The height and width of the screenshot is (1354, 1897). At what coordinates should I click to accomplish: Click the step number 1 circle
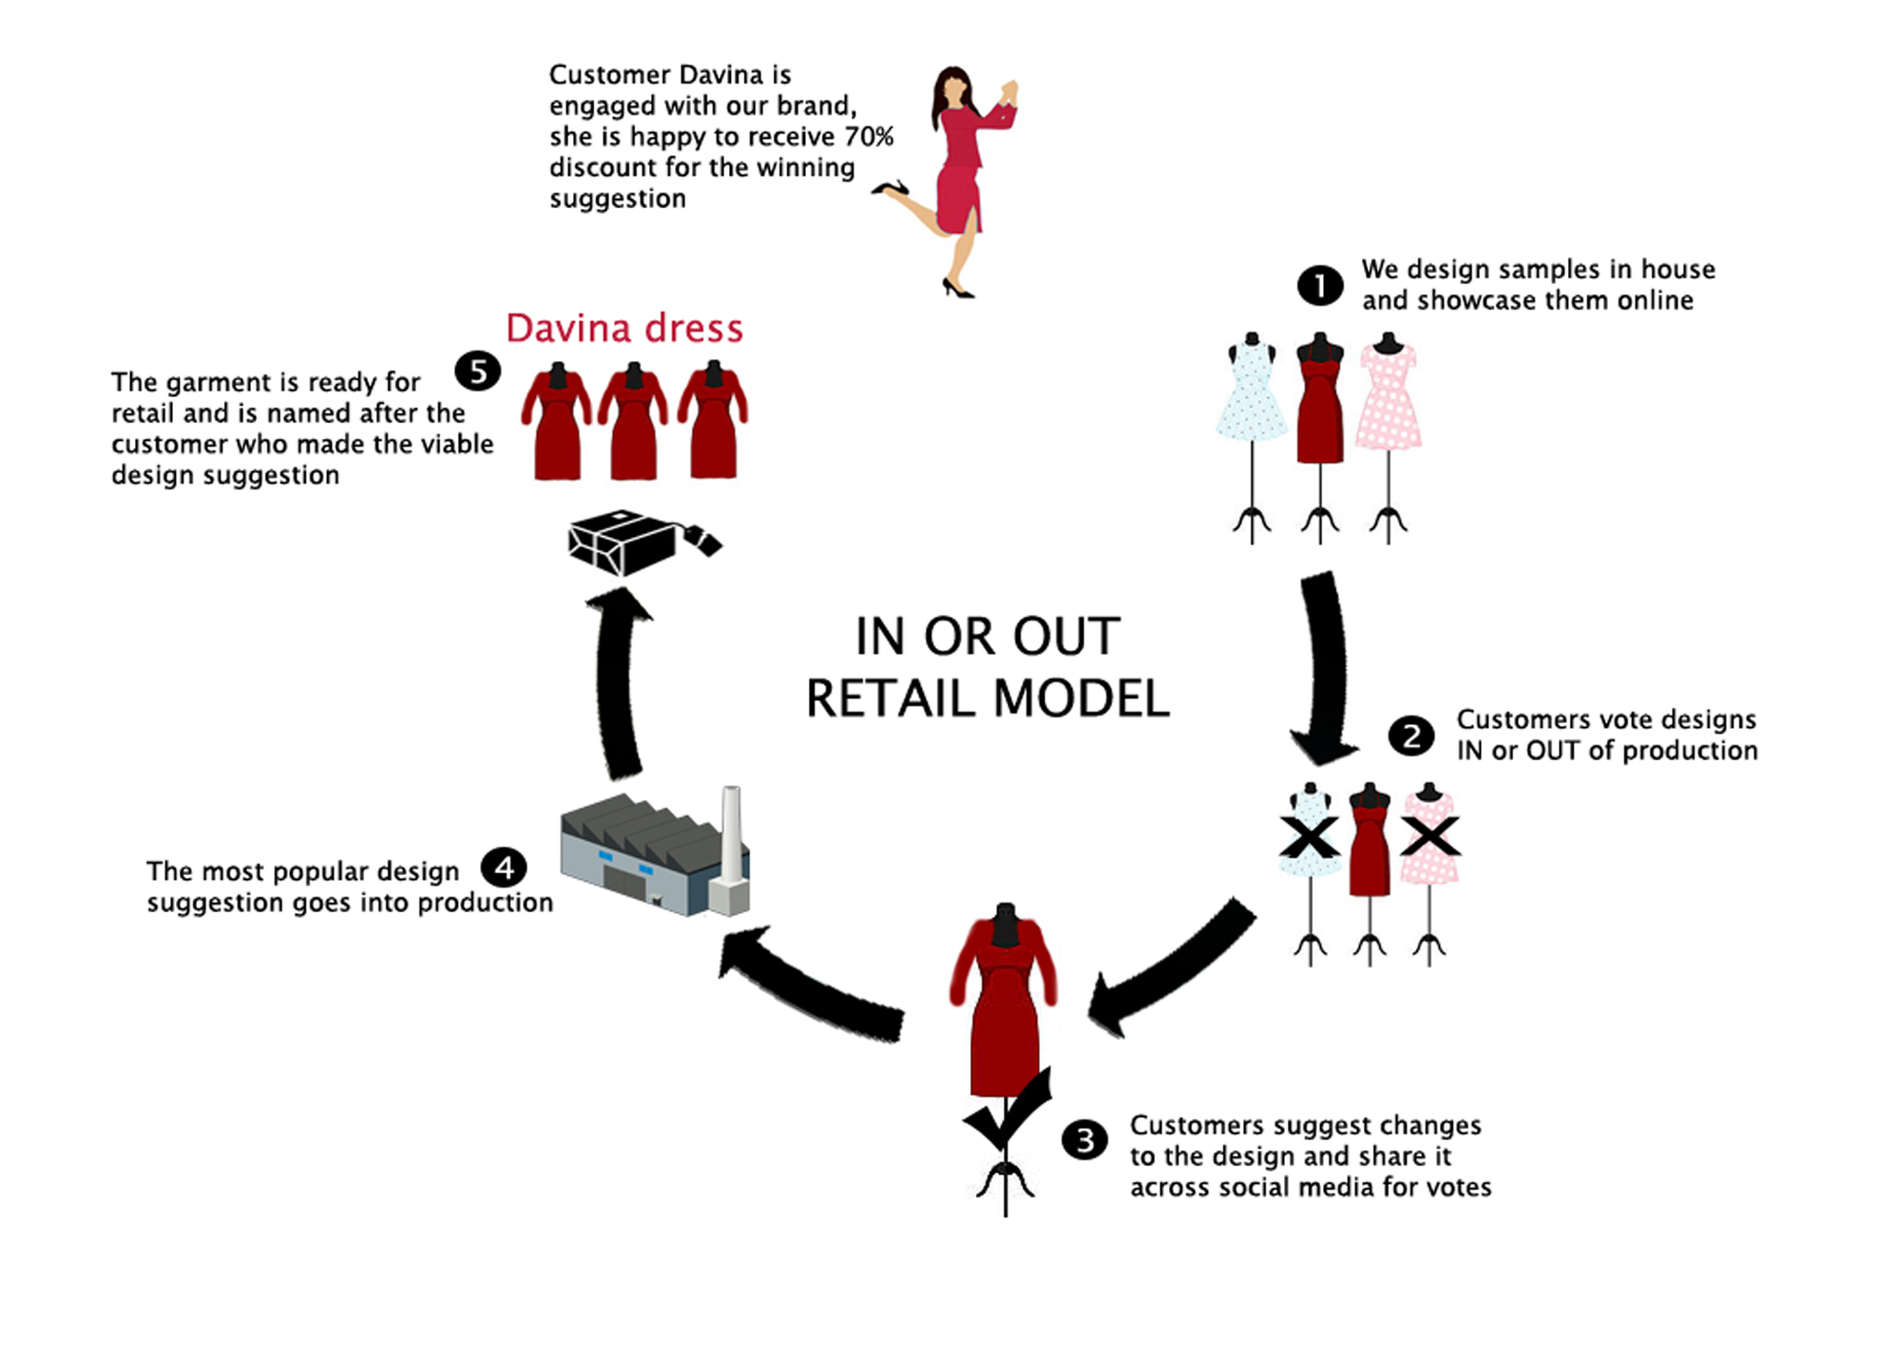(x=1319, y=285)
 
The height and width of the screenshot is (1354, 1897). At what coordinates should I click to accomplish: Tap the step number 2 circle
(x=1411, y=735)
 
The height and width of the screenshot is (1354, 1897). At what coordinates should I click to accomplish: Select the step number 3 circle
(x=1084, y=1139)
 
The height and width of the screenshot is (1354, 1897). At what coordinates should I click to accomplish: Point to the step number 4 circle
(x=504, y=867)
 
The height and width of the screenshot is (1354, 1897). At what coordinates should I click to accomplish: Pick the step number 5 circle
(x=478, y=371)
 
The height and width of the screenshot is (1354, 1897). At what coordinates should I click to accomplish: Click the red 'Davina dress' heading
(x=623, y=328)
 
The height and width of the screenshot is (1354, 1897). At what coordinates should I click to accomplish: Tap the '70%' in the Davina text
(x=869, y=137)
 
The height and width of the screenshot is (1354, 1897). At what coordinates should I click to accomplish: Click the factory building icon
(x=646, y=855)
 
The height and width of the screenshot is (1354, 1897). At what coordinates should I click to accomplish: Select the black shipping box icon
(x=627, y=542)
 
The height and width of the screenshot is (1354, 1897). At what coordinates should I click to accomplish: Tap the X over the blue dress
(x=1309, y=837)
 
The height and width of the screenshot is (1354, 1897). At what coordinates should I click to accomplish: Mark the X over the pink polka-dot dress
(x=1429, y=837)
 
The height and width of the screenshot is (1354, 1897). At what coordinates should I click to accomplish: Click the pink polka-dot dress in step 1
(x=1389, y=399)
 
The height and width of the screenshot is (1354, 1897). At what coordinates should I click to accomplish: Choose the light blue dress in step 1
(x=1252, y=394)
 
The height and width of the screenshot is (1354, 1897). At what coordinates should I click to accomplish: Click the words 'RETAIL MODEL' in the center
(x=987, y=699)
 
